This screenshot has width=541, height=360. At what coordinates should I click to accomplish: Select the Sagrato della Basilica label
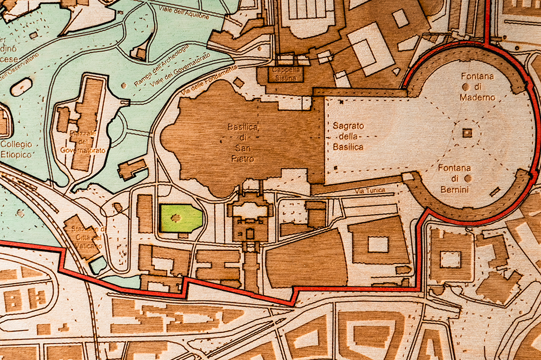point(348,136)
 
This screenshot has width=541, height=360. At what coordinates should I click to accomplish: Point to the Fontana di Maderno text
point(477,86)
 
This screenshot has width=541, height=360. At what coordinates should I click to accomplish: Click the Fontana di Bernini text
point(454,178)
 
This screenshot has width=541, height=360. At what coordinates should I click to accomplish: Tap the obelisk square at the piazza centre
point(467,132)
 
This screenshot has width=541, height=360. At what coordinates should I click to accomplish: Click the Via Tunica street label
point(370,190)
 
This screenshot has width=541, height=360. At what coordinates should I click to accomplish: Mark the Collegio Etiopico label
point(16,149)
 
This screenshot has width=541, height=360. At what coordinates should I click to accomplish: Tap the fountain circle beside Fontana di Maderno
point(466,86)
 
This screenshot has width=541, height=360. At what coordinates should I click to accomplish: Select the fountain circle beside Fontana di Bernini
point(467,178)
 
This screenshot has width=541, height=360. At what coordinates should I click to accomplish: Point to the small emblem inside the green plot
point(175,218)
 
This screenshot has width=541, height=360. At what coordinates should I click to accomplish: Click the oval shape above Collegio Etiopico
point(21,87)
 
